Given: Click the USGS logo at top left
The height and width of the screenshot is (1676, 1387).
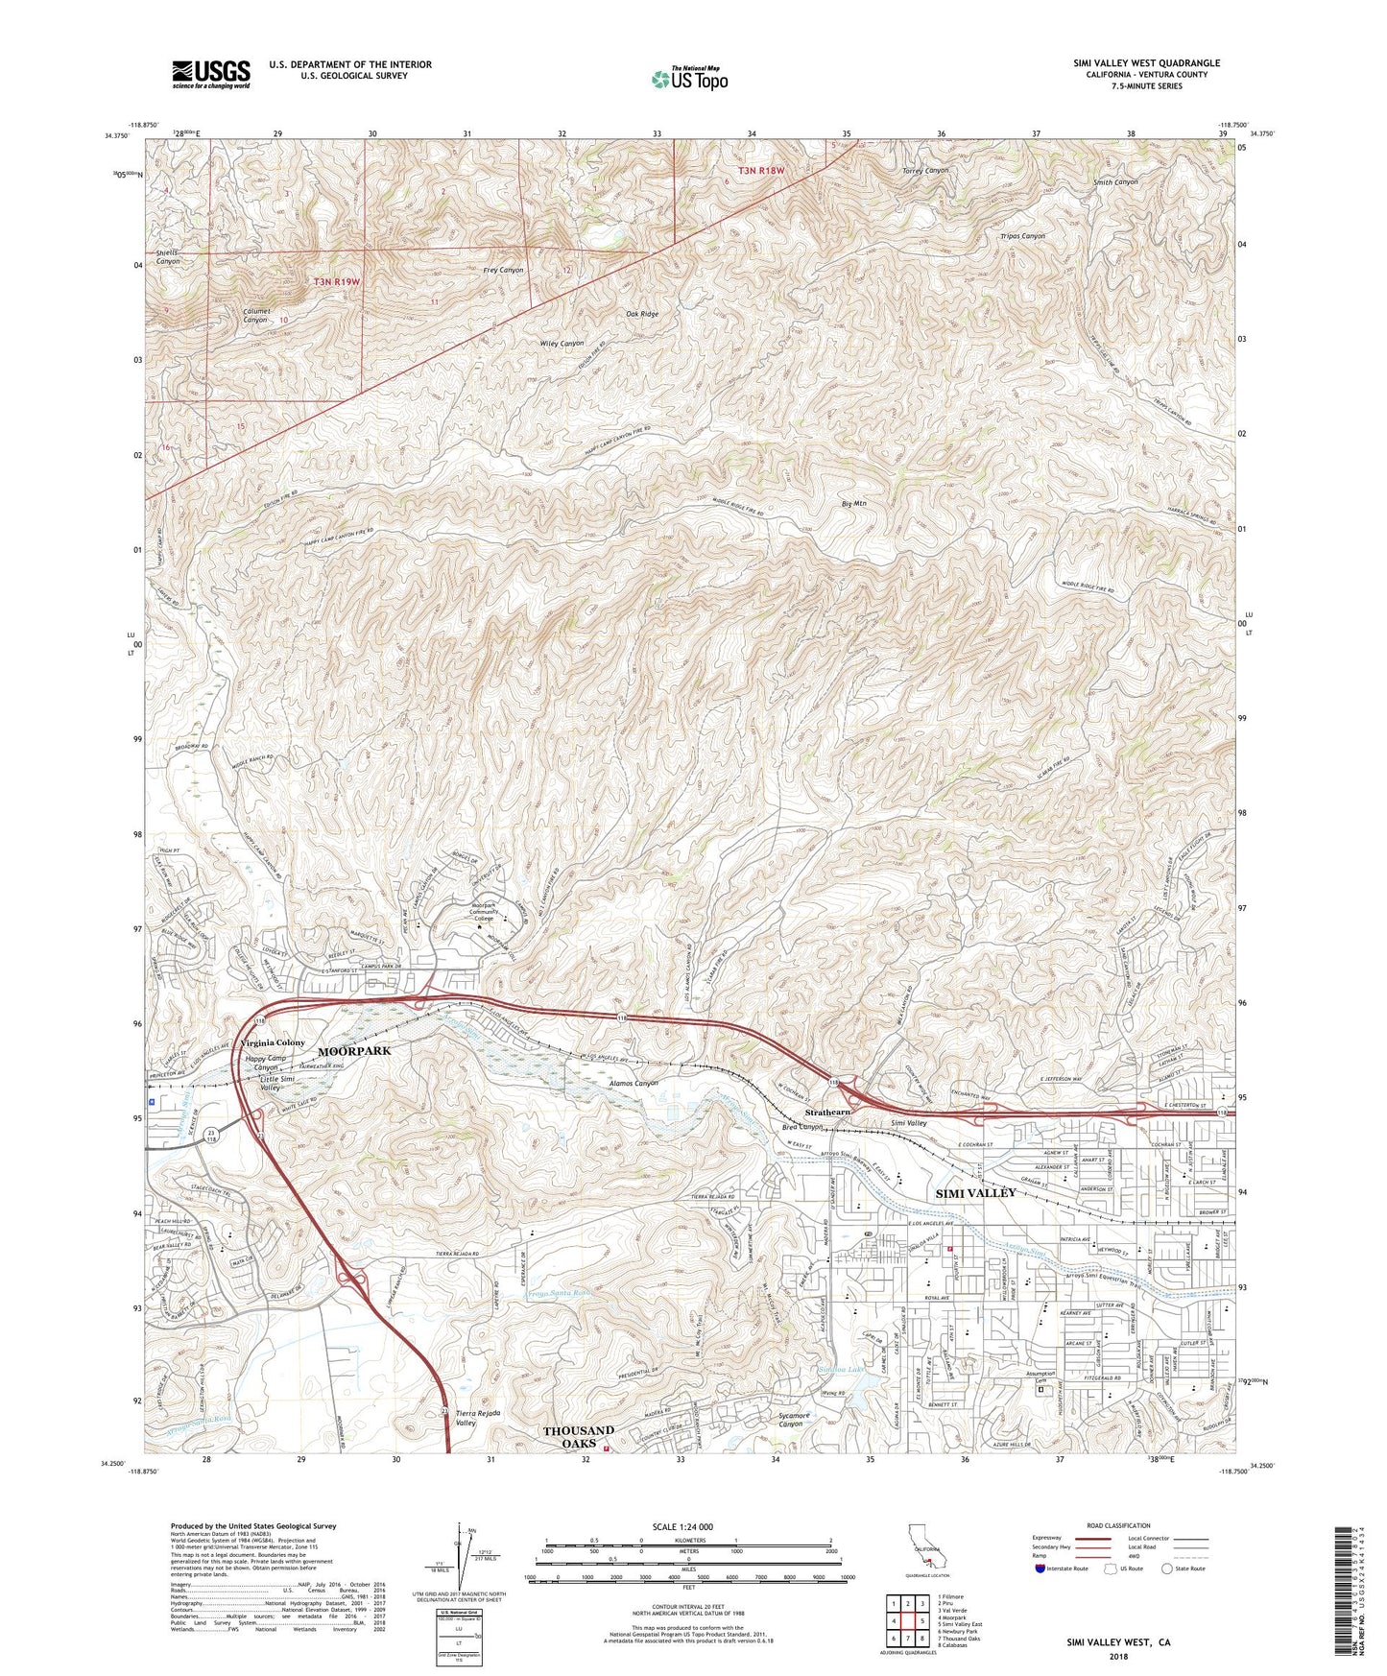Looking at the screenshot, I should (210, 74).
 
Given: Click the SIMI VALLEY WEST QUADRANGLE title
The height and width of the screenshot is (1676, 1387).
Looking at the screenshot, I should (1147, 63).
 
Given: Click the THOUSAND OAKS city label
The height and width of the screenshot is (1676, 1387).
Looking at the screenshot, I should (578, 1437).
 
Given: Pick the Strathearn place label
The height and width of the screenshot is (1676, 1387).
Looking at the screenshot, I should (827, 1112).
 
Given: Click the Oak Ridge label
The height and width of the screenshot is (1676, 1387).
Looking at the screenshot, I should (642, 314).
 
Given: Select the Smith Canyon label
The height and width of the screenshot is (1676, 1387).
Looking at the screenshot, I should (1115, 181).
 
